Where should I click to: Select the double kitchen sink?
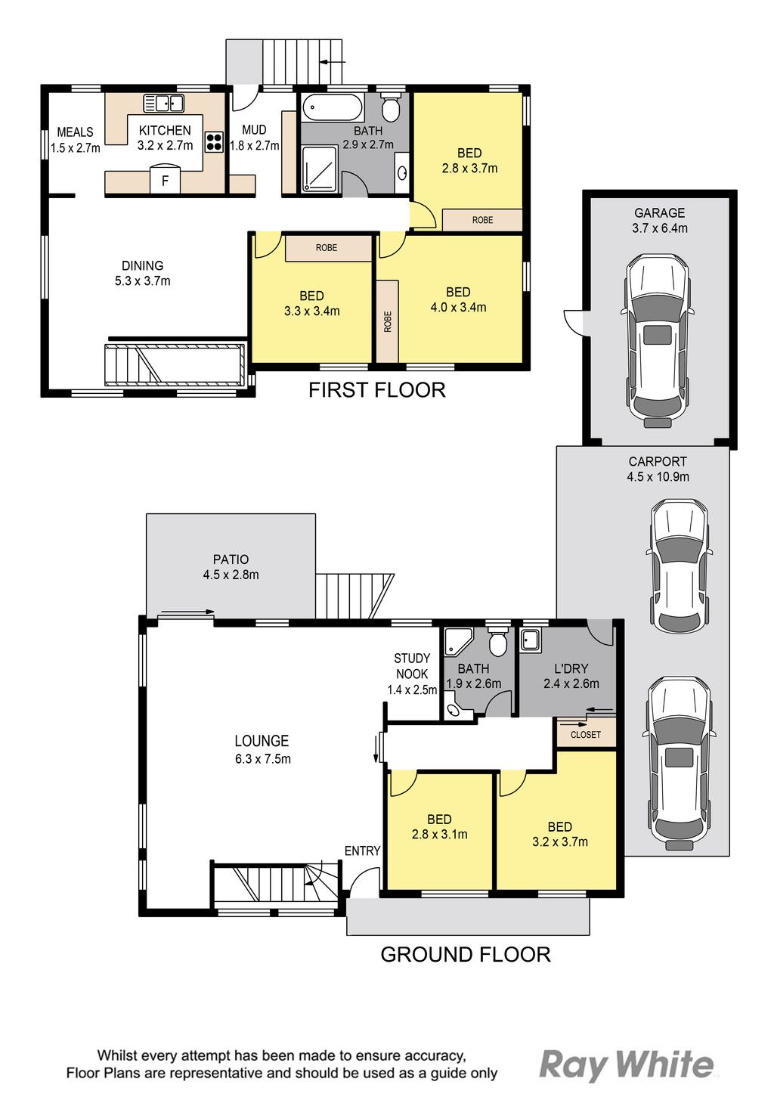163,104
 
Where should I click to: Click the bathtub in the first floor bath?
333,108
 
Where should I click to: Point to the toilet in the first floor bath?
390,108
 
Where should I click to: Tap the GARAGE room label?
659,213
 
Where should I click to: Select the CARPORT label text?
658,461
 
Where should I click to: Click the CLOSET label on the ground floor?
586,735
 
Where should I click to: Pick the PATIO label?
231,559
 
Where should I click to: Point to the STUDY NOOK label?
412,666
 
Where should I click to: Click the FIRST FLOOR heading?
377,390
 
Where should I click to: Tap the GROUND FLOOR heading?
465,954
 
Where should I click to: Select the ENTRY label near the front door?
362,851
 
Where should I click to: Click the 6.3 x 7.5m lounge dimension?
263,758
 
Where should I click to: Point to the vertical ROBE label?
388,322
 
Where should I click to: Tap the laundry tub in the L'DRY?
530,640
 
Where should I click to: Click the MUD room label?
254,130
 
